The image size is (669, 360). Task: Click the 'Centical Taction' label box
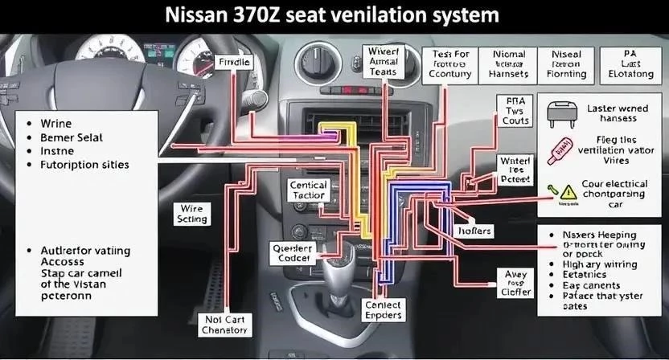point(307,190)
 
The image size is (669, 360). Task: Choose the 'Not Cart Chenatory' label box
point(224,325)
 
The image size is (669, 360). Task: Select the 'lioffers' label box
point(475,231)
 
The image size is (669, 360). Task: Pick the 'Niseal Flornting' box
point(568,63)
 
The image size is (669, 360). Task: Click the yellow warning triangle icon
point(569,191)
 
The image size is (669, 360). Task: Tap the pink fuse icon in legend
point(561,145)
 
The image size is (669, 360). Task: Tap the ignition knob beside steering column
point(260,99)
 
